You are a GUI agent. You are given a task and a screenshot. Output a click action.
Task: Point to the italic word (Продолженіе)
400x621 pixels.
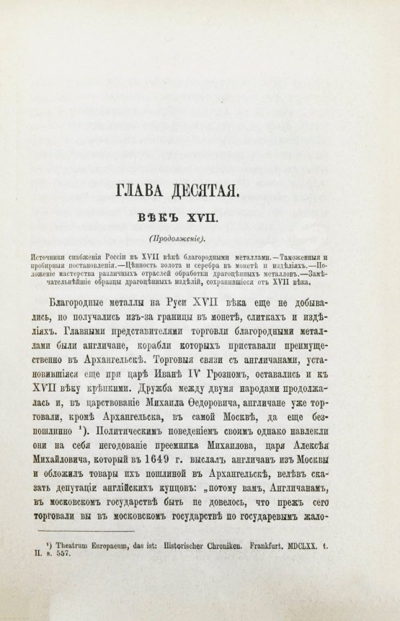(196, 239)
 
